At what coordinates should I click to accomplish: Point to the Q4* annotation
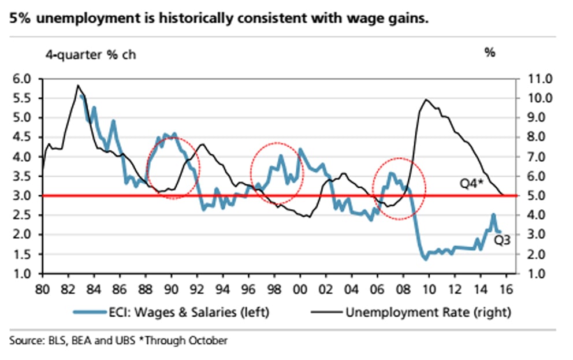click(x=471, y=183)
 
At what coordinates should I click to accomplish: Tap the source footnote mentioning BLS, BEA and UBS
click(x=118, y=340)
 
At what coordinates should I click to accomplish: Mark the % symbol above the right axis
click(x=490, y=54)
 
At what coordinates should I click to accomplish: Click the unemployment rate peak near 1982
click(x=78, y=86)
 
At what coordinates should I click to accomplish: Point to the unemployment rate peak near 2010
click(x=426, y=99)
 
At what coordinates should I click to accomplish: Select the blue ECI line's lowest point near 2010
click(x=426, y=259)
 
